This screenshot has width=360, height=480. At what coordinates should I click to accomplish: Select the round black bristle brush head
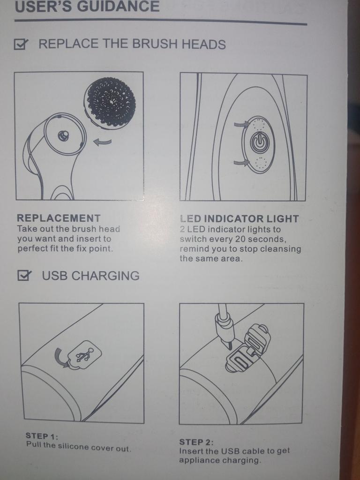(x=110, y=99)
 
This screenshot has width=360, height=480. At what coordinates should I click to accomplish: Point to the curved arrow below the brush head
(x=102, y=142)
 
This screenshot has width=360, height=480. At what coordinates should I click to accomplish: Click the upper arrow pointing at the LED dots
(x=242, y=124)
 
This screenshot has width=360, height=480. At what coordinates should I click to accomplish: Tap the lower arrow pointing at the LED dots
(x=242, y=163)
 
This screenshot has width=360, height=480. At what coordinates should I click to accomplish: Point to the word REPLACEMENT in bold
(x=59, y=218)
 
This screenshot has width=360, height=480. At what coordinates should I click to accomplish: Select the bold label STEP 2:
(x=196, y=442)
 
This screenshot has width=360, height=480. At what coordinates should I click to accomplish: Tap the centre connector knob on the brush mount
(x=63, y=135)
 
